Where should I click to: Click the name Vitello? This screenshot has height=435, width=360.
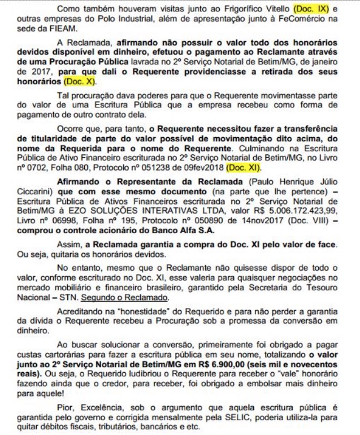(284, 10)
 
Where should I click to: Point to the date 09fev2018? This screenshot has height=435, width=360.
(205, 168)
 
